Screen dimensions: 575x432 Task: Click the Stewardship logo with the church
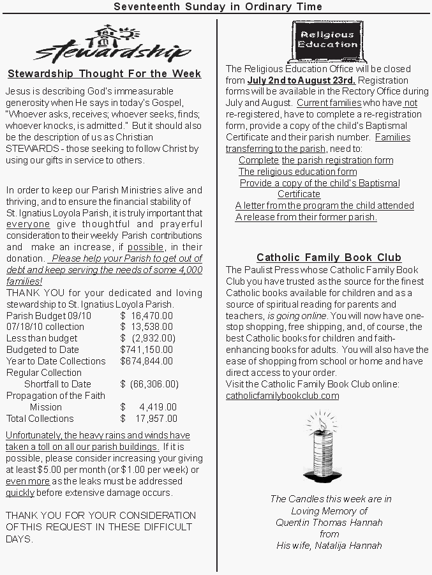pyautogui.click(x=112, y=44)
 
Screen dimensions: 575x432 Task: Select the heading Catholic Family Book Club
pyautogui.click(x=329, y=258)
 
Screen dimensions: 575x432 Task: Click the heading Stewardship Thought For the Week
pyautogui.click(x=104, y=73)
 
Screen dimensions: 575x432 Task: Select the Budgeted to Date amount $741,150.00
pyautogui.click(x=146, y=350)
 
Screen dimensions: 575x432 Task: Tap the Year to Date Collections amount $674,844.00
pyautogui.click(x=146, y=361)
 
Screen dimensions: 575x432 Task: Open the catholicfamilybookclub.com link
pyautogui.click(x=283, y=396)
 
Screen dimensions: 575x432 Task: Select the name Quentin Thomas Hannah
pyautogui.click(x=329, y=523)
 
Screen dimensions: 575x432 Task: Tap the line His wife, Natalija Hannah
pyautogui.click(x=329, y=546)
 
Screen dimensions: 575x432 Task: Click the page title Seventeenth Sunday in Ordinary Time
pyautogui.click(x=218, y=6)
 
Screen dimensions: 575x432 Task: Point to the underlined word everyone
pyautogui.click(x=28, y=225)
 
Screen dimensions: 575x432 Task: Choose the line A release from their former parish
pyautogui.click(x=306, y=217)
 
